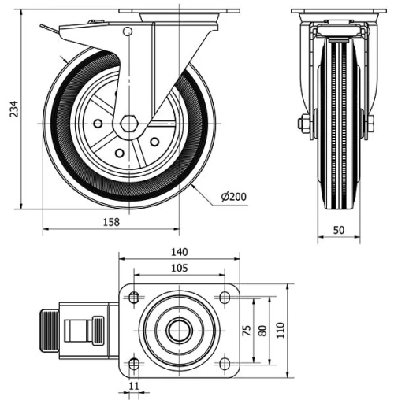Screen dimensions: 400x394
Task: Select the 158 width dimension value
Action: click(112, 222)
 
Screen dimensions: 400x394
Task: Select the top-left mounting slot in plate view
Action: click(133, 298)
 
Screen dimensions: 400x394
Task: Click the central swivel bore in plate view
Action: click(178, 330)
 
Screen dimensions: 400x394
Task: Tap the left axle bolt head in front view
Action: click(304, 124)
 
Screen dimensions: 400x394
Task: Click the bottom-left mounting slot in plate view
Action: click(133, 362)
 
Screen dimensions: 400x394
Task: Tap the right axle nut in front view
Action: click(369, 124)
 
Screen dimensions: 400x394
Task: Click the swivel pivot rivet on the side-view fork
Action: click(127, 31)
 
